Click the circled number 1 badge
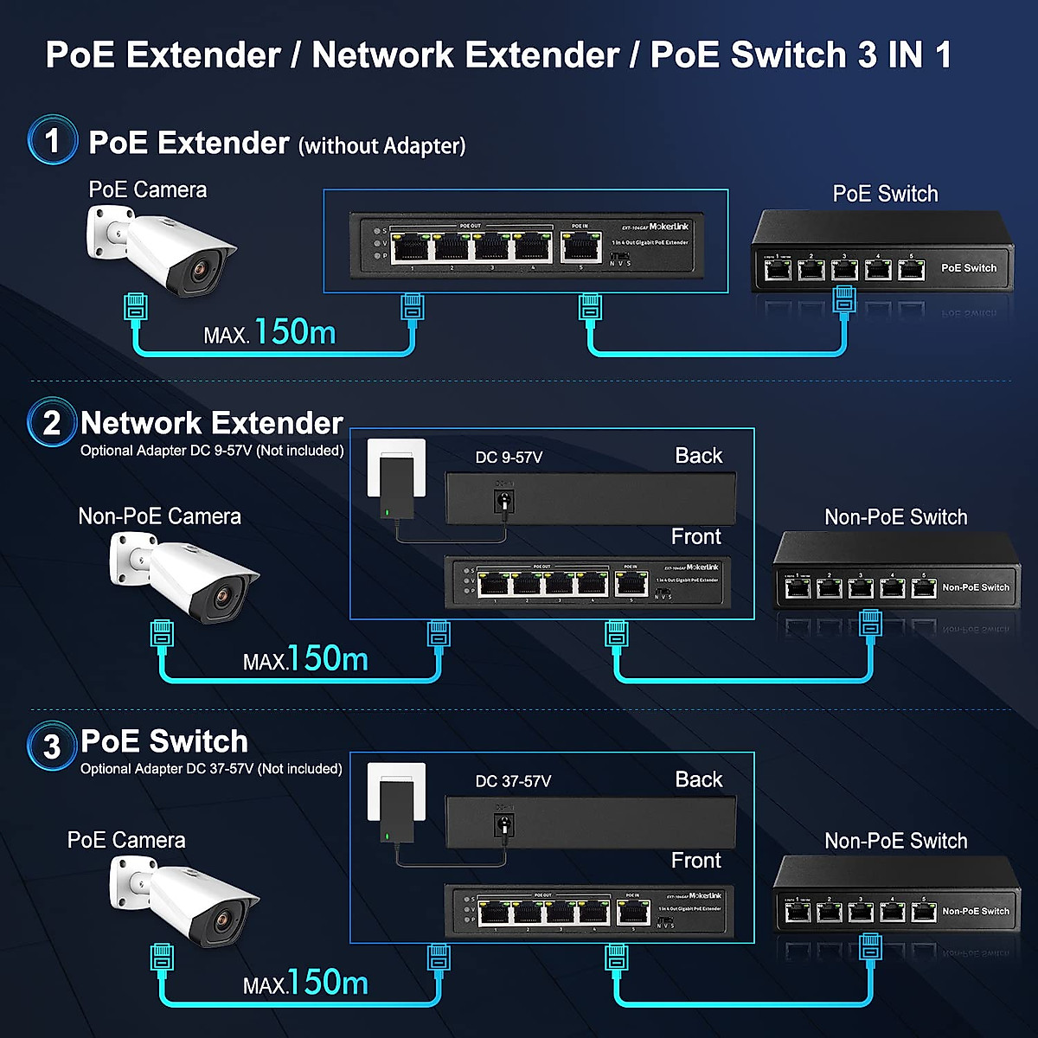point(52,140)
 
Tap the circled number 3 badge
point(52,746)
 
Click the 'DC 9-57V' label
point(509,458)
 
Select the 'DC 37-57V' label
point(513,781)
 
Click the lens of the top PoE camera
point(200,272)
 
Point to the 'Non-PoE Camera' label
point(159,516)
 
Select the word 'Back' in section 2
point(698,456)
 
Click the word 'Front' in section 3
point(695,861)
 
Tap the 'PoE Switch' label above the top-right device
point(885,194)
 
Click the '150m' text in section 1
point(295,332)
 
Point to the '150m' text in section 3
point(328,983)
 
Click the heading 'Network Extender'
point(212,423)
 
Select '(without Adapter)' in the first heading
point(381,145)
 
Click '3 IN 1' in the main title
point(905,54)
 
